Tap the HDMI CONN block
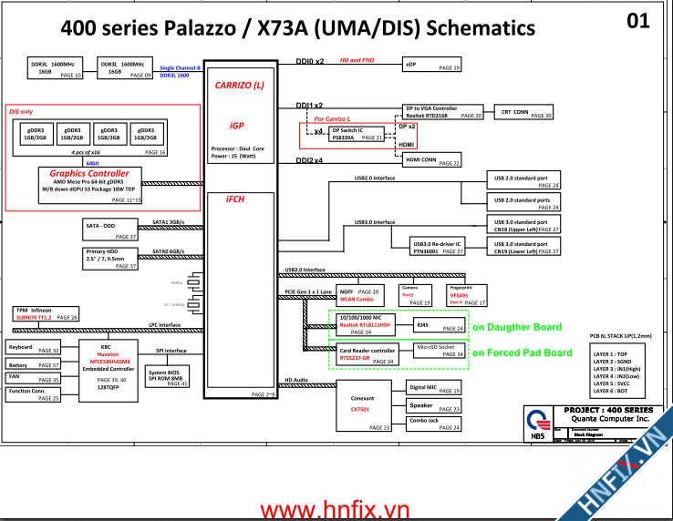(432, 160)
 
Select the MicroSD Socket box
(440, 350)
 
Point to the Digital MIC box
(434, 389)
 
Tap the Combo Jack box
(434, 422)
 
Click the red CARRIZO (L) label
(240, 85)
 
